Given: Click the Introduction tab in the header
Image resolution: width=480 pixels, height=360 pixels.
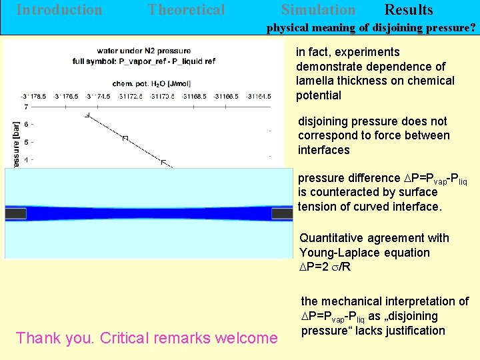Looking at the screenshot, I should coord(59,10).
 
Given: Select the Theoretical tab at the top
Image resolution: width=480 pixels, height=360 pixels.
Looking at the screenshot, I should coord(186,10).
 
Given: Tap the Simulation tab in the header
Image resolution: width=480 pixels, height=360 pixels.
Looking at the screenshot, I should coord(318,10).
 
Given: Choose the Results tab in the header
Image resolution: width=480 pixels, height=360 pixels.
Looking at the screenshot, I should coord(409,10).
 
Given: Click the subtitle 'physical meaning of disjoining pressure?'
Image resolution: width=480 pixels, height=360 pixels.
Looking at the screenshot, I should coord(371,29).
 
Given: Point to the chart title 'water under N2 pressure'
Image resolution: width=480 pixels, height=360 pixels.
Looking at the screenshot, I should coord(143,51).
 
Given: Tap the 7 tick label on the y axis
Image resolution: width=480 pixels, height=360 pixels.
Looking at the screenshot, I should coord(25,107).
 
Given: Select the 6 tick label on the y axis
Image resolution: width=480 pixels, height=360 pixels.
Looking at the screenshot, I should coord(25,125).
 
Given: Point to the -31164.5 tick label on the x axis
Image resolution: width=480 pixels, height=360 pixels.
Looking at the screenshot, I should coord(258,97).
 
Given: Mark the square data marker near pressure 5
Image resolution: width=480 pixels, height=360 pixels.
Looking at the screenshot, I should coord(124,138).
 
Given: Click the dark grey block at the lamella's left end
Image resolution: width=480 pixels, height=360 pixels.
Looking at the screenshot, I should coord(15,213).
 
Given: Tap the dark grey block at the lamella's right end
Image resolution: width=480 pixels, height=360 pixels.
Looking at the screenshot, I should coord(281,213).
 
